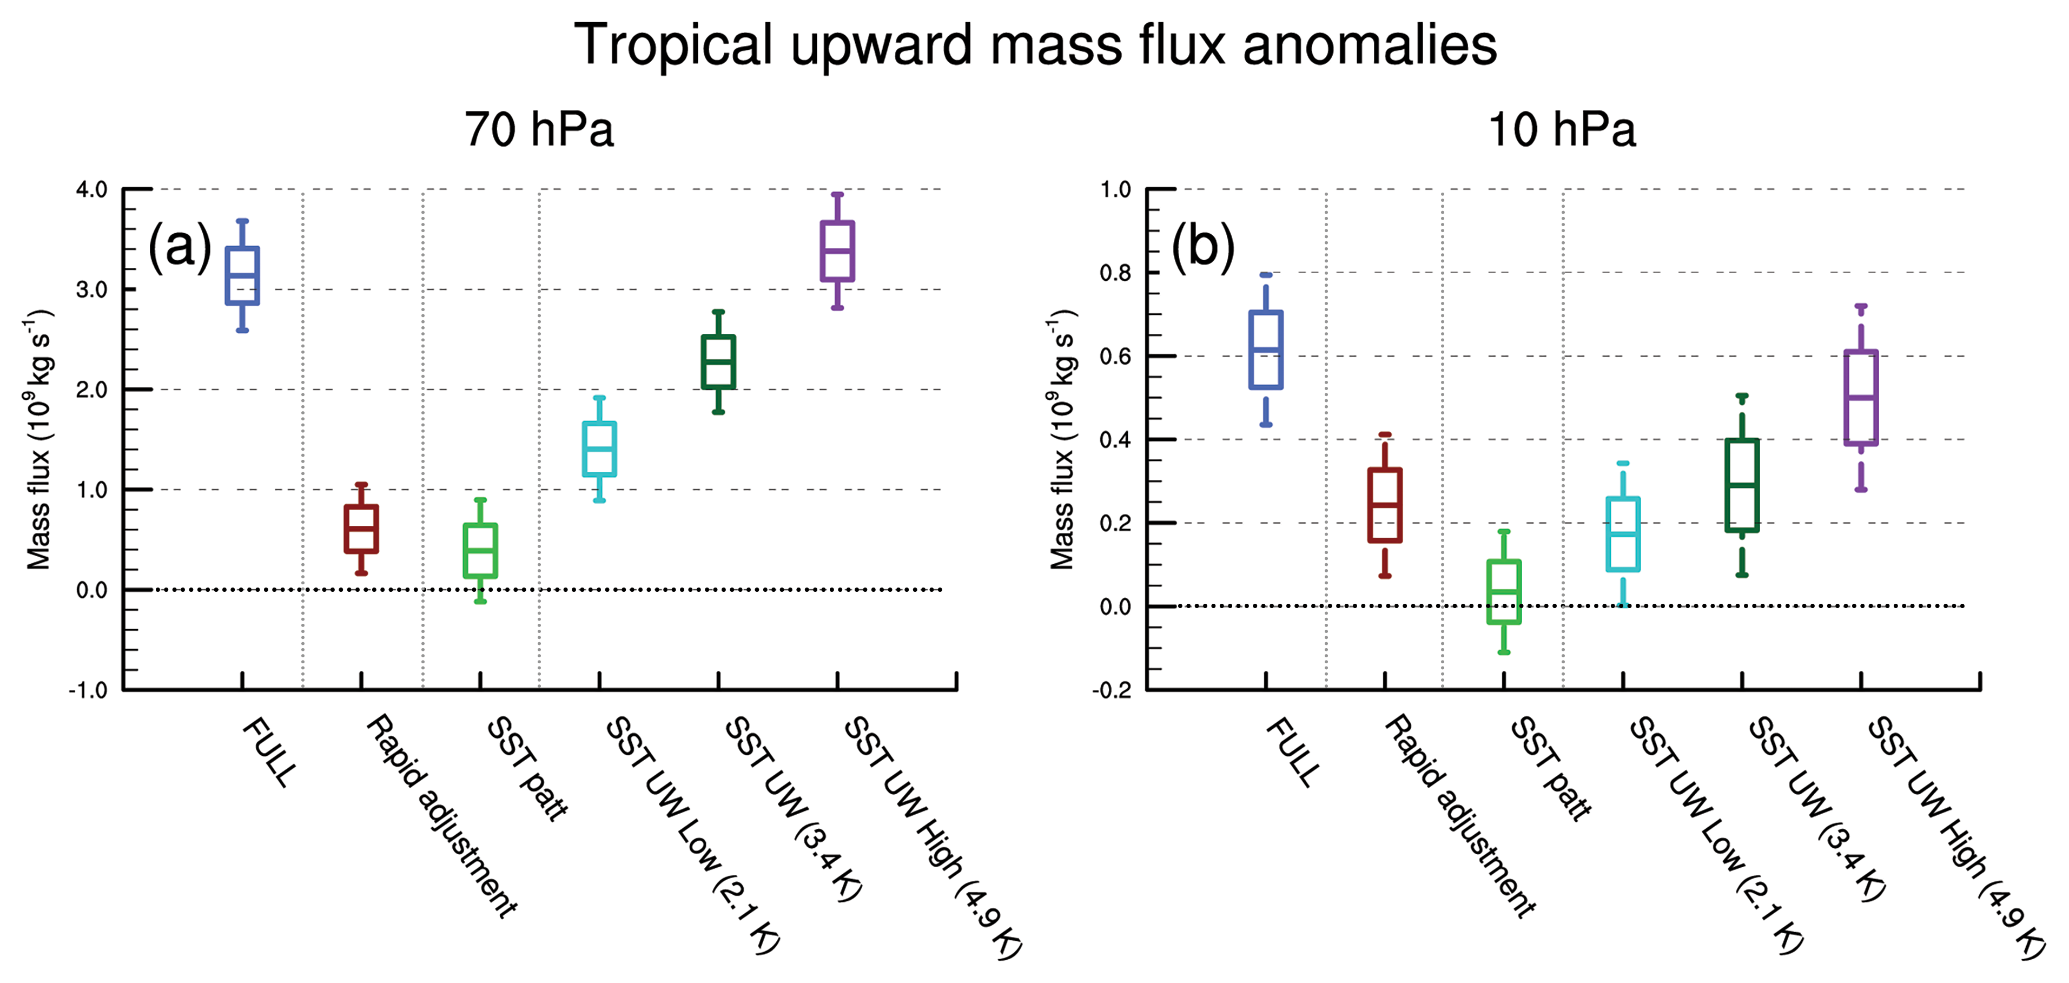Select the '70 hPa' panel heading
(x=539, y=129)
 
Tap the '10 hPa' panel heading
(x=1562, y=129)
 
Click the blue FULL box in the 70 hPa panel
(x=242, y=275)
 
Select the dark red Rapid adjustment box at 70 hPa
(x=361, y=529)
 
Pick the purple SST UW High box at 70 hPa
(x=837, y=250)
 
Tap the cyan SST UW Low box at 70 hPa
(x=599, y=449)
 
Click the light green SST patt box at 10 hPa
(x=1504, y=591)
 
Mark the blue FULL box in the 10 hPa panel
(x=1266, y=349)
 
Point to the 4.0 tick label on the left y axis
(x=91, y=189)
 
